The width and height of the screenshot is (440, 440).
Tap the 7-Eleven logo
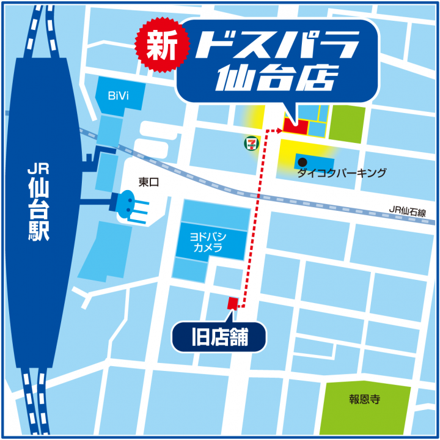pyautogui.click(x=250, y=143)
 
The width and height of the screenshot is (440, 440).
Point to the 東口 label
pyautogui.click(x=148, y=182)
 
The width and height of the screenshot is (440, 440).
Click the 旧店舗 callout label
pyautogui.click(x=219, y=337)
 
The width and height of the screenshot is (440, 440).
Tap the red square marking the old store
pyautogui.click(x=232, y=302)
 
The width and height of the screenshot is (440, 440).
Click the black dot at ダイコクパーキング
pyautogui.click(x=302, y=162)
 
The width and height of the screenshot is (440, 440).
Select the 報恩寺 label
pyautogui.click(x=365, y=400)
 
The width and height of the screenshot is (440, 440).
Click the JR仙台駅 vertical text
pyautogui.click(x=38, y=202)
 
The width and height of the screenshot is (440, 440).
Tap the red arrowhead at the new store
pyautogui.click(x=280, y=130)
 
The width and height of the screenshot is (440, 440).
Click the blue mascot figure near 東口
pyautogui.click(x=128, y=202)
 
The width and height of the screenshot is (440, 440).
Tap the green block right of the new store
pyautogui.click(x=347, y=123)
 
